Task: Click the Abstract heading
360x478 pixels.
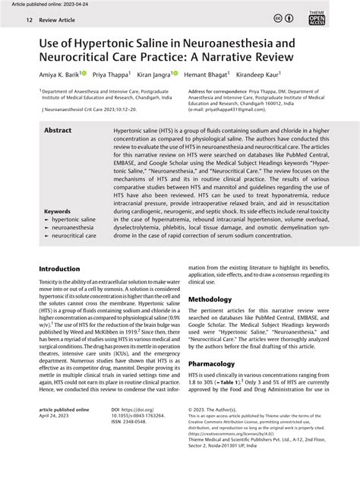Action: (58, 131)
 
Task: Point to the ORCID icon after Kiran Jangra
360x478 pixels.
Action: (174, 74)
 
